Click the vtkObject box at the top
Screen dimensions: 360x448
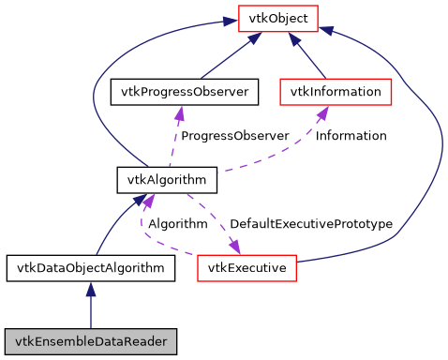click(x=278, y=17)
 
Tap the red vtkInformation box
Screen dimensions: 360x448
click(x=336, y=92)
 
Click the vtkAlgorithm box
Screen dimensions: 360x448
click(x=167, y=178)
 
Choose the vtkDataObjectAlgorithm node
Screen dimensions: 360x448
click(x=90, y=268)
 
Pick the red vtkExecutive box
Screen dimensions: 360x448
click(x=247, y=268)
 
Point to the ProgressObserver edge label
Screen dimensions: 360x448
click(x=234, y=136)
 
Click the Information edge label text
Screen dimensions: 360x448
click(x=351, y=136)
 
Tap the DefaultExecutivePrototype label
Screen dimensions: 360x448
click(x=310, y=224)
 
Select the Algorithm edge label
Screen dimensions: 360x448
click(x=177, y=224)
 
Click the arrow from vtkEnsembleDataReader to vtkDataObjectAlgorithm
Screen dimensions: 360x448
click(x=90, y=305)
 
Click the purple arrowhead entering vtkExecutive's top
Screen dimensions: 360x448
click(x=232, y=247)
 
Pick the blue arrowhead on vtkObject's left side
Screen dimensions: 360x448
click(x=231, y=18)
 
